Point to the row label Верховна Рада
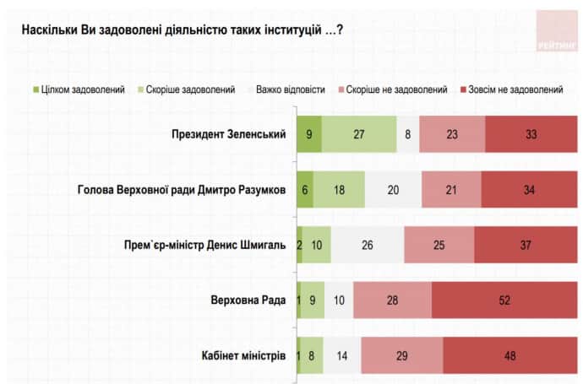(251, 300)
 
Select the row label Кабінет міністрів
(246, 354)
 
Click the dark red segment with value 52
(505, 300)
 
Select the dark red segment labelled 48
(511, 354)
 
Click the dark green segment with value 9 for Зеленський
(309, 135)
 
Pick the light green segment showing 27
(359, 135)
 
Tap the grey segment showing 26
(368, 245)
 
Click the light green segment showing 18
(339, 190)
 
